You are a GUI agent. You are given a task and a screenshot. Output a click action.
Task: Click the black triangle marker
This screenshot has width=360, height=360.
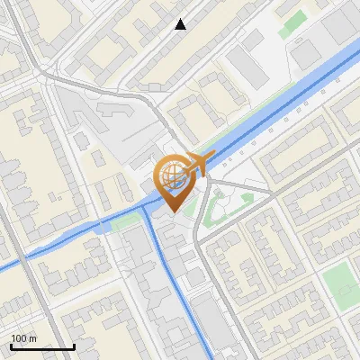coord(181,24)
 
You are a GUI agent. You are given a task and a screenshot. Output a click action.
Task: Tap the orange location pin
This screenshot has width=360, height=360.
coord(171,184)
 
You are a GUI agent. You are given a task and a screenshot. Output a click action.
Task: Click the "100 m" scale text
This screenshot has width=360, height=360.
coord(24,338)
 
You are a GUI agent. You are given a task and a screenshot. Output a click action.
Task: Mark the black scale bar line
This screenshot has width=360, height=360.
coord(42,346)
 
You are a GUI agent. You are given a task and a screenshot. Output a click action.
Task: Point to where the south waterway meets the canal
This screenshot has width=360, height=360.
coord(145,209)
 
